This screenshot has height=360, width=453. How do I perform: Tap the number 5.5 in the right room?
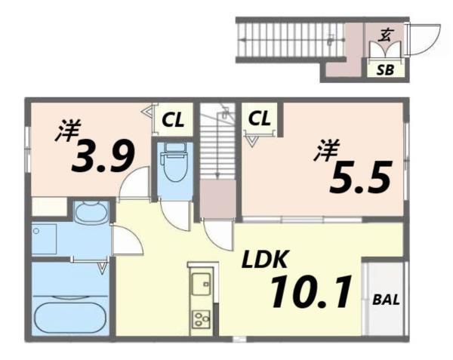pyautogui.click(x=361, y=178)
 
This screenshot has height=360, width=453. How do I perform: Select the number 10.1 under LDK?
pyautogui.click(x=311, y=293)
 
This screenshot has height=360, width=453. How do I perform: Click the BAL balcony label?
pyautogui.click(x=387, y=300)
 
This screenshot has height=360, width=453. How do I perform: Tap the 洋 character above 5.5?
pyautogui.click(x=326, y=151)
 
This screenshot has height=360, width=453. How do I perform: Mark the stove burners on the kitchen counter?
pyautogui.click(x=202, y=319)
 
